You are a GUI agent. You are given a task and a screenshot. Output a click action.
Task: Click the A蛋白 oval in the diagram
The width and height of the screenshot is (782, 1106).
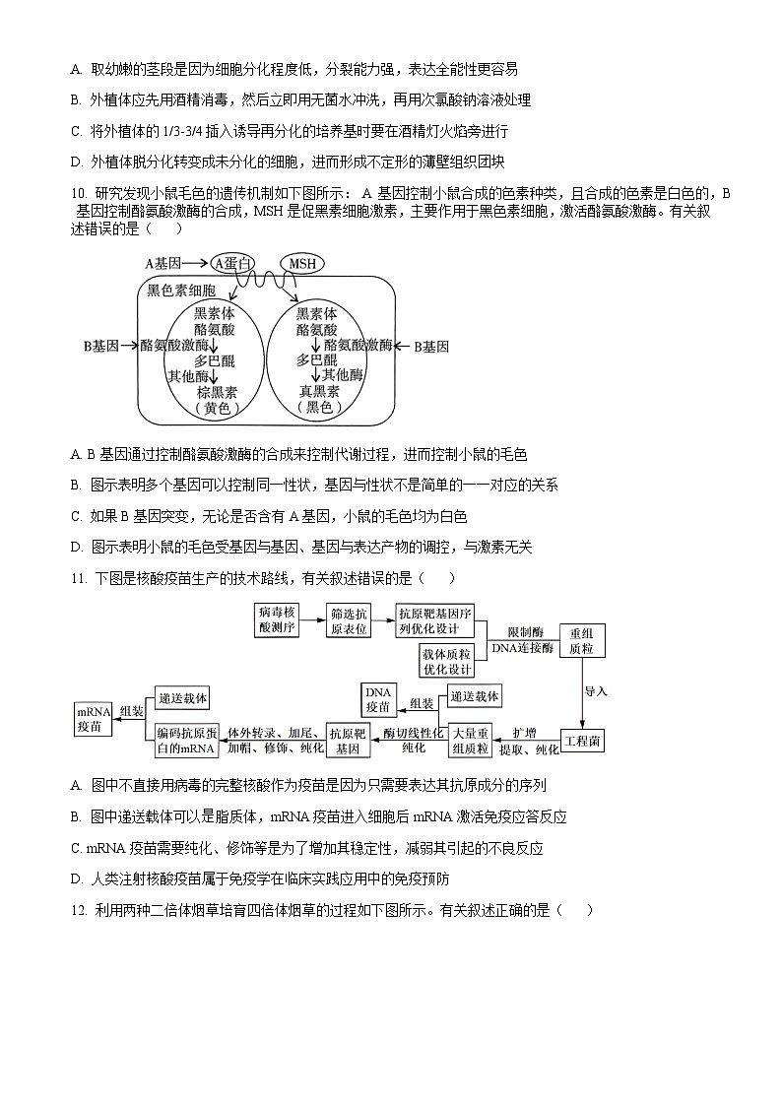click(x=232, y=263)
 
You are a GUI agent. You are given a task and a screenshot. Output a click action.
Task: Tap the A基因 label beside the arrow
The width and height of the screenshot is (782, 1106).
click(x=163, y=263)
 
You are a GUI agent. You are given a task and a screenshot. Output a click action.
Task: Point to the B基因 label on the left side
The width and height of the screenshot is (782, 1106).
click(x=100, y=346)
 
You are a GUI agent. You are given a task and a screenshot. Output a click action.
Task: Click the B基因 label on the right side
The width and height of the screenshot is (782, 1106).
click(x=430, y=346)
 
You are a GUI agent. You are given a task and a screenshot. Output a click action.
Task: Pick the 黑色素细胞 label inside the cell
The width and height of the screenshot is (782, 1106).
click(x=180, y=290)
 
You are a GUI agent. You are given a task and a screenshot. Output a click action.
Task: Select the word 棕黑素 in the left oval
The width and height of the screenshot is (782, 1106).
click(x=217, y=391)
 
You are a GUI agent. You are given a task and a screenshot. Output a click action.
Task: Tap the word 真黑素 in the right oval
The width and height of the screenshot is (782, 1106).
click(x=320, y=391)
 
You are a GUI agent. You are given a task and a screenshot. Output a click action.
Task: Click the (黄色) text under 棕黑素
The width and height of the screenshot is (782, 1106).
click(x=217, y=407)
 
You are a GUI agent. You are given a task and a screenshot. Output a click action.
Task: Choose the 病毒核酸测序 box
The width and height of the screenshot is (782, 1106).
click(x=277, y=620)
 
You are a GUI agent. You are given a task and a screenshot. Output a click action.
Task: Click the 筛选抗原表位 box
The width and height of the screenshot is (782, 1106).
click(x=349, y=620)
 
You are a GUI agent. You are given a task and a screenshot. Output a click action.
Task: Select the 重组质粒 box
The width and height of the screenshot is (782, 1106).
click(x=581, y=640)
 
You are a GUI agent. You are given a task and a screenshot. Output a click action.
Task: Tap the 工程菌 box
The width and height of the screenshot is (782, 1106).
click(x=582, y=741)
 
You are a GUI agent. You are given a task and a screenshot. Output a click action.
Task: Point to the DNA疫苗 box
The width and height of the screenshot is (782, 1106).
click(x=378, y=699)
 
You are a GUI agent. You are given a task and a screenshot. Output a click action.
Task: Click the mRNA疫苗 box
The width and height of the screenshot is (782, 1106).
click(x=95, y=718)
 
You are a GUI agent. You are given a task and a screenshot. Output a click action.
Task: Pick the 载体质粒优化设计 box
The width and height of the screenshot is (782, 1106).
click(x=447, y=661)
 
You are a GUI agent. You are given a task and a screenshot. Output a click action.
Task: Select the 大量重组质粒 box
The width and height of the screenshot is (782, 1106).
click(x=471, y=741)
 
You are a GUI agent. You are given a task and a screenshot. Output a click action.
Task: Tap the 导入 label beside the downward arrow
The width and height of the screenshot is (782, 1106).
click(x=596, y=690)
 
